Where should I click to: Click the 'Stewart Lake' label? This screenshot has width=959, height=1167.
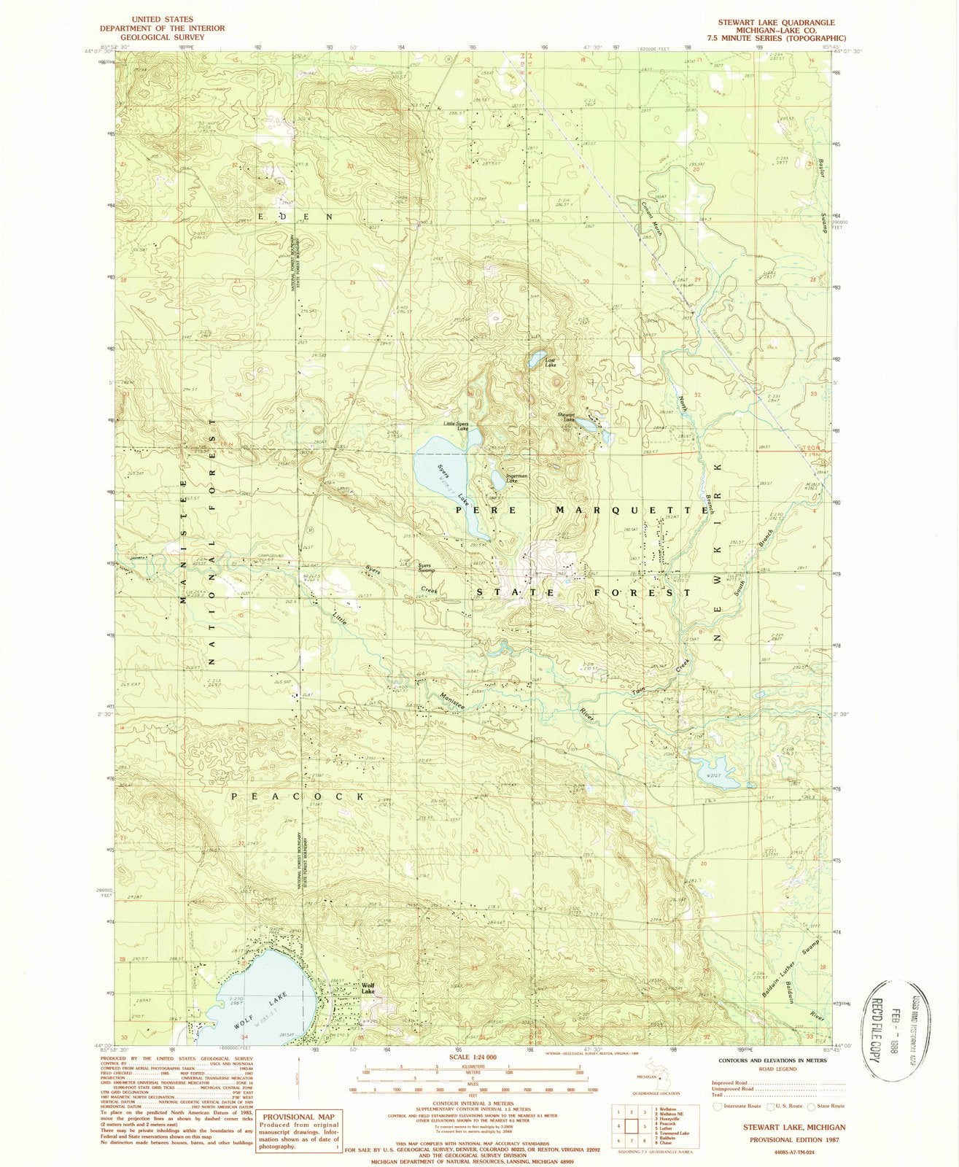[x=568, y=416]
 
